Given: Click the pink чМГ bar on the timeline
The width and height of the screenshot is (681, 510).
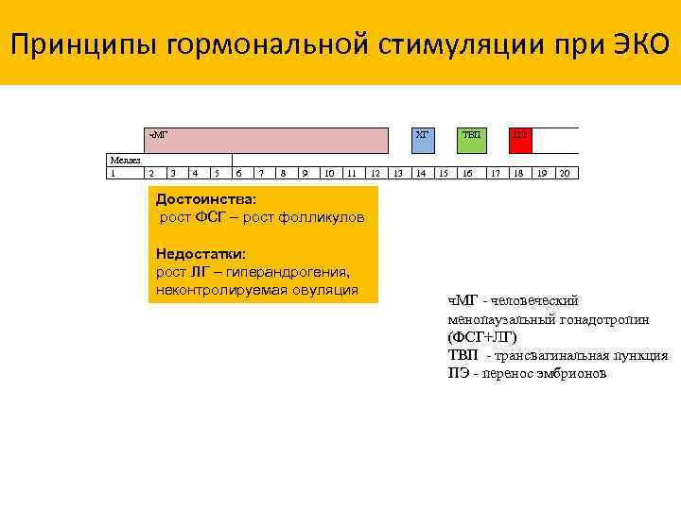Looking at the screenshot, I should coord(266,141).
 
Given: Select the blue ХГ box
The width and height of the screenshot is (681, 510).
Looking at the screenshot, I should coord(423,141).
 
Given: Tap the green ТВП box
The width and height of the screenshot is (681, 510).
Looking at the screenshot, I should coord(470,141).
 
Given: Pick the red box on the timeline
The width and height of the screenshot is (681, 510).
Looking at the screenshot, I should coord(520,141).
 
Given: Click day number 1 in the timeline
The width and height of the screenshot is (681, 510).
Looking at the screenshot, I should coord(113,173).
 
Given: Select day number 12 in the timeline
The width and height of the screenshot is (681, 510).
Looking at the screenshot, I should coord(375,173).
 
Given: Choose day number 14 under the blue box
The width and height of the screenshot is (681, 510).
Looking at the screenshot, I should coord(421,173).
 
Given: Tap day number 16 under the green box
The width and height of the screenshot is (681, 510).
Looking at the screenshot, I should coord(467,173).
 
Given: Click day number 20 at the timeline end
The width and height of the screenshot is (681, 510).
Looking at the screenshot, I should coord(564,173).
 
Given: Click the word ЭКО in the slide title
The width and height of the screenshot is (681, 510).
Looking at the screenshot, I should coord(635,43).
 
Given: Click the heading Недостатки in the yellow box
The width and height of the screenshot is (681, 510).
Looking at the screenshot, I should coord(201,254).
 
